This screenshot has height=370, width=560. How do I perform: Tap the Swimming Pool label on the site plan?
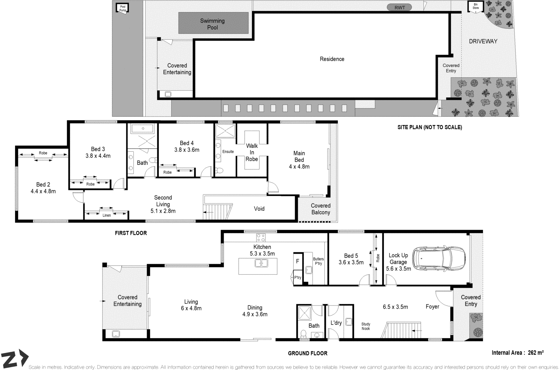[x=212, y=24]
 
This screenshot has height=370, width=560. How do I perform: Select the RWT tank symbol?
[x=399, y=7]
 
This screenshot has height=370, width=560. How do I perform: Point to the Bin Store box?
[x=475, y=7]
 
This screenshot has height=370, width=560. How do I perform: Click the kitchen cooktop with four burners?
[x=261, y=238]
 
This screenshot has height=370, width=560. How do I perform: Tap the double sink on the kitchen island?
[x=261, y=263]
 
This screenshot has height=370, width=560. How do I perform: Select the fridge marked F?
[x=297, y=261]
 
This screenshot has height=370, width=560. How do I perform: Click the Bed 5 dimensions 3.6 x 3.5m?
[x=351, y=262]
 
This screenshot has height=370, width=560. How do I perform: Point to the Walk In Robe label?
[x=252, y=152]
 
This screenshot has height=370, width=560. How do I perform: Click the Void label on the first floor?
[x=259, y=208]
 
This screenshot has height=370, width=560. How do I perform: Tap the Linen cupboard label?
[x=106, y=215]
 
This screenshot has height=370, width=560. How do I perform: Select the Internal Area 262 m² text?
[x=517, y=353]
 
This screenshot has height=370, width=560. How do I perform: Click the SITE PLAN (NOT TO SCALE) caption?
[x=429, y=127]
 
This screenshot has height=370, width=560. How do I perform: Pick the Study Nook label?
[x=366, y=326]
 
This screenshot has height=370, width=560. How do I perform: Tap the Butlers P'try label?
[x=318, y=261]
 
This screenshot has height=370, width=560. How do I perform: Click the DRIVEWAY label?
[x=483, y=41]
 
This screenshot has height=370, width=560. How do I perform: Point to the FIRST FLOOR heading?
[x=131, y=233]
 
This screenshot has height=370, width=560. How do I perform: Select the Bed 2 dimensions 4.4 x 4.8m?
[x=43, y=191]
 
